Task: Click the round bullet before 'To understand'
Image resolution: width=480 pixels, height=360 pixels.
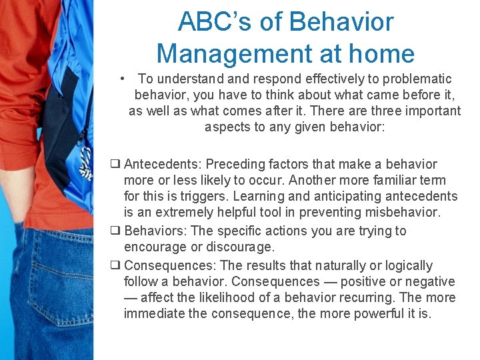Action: [x=124, y=79]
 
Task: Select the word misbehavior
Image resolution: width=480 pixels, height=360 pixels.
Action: [x=402, y=212]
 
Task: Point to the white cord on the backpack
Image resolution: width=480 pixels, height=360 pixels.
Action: [x=85, y=163]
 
